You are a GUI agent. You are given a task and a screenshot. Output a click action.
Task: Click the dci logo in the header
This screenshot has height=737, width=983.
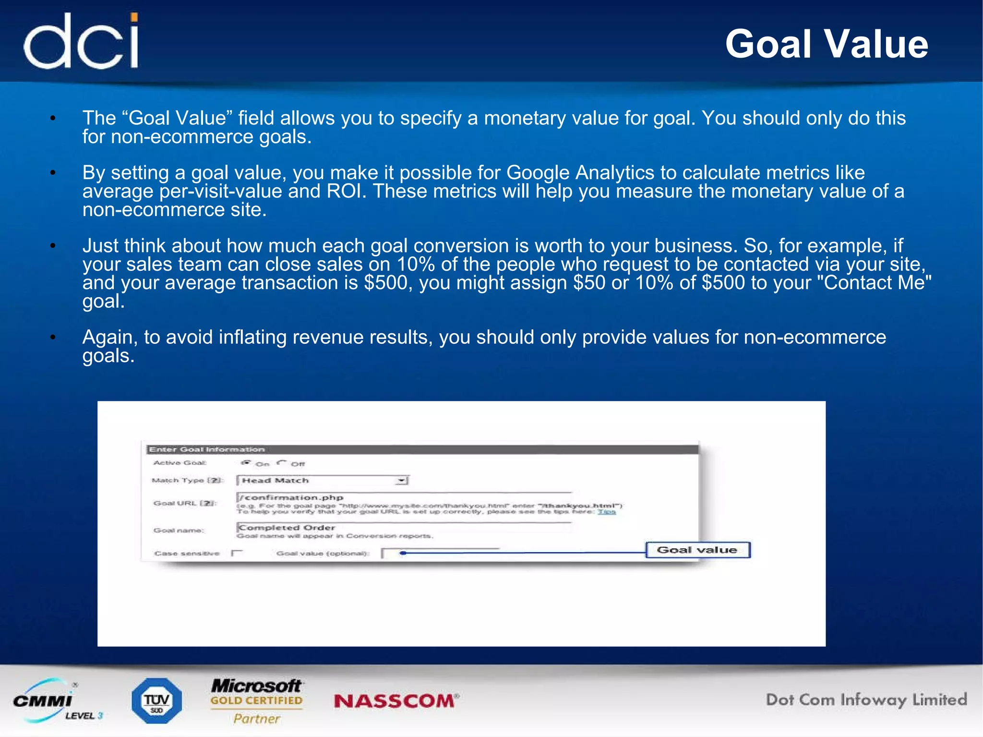(82, 41)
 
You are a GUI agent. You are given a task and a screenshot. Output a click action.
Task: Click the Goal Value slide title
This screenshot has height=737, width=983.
(827, 44)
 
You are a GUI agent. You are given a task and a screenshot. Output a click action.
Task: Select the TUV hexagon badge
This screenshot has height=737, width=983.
(157, 701)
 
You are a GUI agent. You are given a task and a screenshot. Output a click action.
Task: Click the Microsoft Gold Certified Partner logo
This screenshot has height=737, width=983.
(257, 701)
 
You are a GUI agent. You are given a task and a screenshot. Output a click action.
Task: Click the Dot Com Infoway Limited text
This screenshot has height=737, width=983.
(866, 700)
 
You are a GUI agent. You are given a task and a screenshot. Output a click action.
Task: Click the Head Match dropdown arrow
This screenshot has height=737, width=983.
(401, 480)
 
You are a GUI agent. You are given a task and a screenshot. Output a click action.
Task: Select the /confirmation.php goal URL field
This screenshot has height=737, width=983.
(403, 497)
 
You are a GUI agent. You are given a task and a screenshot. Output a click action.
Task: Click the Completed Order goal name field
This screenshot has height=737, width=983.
(403, 527)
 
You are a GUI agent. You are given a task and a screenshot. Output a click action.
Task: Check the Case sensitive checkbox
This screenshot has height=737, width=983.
(237, 553)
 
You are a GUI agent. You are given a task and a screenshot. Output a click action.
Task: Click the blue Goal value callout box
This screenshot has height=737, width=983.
(697, 550)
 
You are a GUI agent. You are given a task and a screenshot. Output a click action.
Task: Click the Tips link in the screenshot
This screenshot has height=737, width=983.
(606, 512)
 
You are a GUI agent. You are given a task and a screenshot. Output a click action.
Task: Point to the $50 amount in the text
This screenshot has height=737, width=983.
(589, 283)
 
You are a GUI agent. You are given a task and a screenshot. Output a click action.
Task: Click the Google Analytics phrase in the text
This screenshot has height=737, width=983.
(580, 173)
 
